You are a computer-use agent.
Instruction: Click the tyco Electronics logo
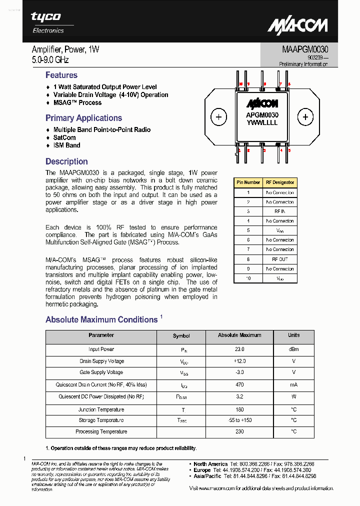point(48,22)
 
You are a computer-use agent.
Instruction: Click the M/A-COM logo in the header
point(297,25)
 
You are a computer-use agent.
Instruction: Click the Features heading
point(61,75)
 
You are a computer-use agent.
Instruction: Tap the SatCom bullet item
point(64,137)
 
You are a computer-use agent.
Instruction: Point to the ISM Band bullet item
point(66,145)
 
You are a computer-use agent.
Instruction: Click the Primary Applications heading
point(83,118)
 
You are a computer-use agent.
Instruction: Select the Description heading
point(66,162)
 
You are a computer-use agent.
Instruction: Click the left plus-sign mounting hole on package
point(218,117)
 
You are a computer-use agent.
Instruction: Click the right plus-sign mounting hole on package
point(305,117)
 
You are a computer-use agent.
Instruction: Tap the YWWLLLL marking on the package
point(261,123)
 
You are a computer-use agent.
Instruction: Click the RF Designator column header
point(280,182)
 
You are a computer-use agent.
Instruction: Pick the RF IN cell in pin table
point(279,211)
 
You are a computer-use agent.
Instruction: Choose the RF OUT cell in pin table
point(279,259)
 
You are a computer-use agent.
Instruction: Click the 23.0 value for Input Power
point(239,349)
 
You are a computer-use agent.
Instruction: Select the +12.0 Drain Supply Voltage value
point(239,361)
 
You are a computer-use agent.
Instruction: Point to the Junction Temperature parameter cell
point(101,409)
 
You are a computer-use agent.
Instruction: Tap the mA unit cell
point(293,385)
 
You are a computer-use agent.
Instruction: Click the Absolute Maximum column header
point(239,335)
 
